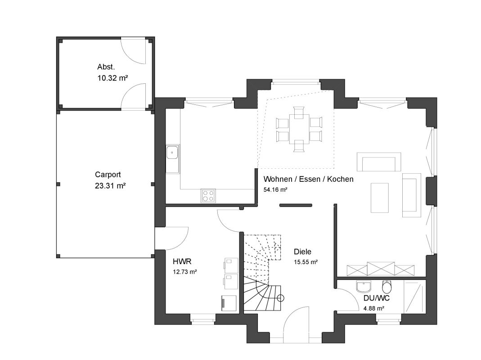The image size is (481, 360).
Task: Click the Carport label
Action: pos(108,175)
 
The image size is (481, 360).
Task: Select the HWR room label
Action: pos(182,261)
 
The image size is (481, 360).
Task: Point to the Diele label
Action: pos(302,252)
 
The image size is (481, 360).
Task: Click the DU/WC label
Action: pos(377,298)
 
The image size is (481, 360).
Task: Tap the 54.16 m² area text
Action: pos(275,189)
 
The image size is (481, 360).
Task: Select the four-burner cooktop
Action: pos(208,196)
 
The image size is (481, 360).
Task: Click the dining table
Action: pos(299,129)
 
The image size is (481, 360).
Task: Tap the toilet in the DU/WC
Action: pos(387,287)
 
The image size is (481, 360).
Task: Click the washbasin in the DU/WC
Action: pos(364,286)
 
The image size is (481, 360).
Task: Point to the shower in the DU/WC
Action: pos(415,297)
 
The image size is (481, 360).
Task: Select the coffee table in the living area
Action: pos(380,198)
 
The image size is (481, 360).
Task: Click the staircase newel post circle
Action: pos(280,298)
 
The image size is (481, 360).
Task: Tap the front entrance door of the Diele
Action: pos(297,324)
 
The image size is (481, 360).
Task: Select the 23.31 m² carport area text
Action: pos(110,186)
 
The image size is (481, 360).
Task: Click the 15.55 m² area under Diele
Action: pos(306,262)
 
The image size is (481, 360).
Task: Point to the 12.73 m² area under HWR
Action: pos(184,272)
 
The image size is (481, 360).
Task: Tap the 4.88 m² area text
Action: pos(373,308)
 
